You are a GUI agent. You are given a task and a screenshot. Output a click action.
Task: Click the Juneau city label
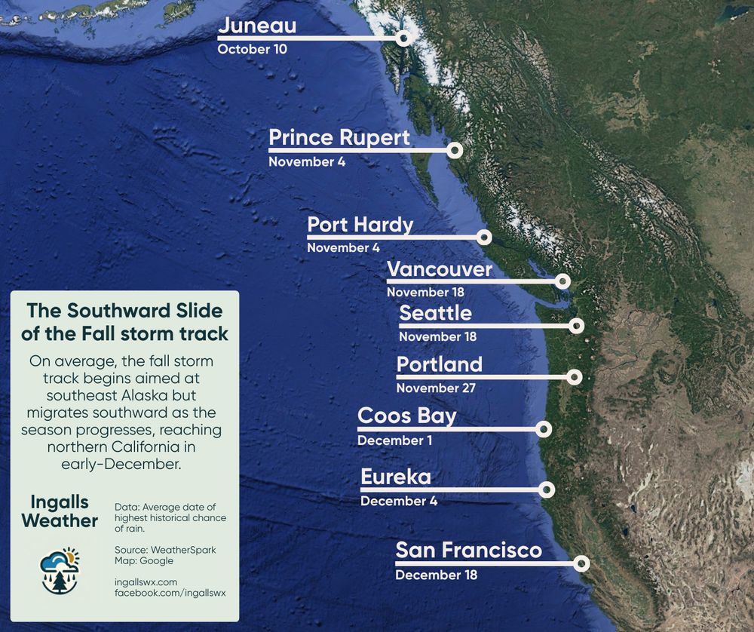pyautogui.click(x=256, y=27)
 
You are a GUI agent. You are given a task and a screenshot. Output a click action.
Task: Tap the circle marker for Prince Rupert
pyautogui.click(x=454, y=151)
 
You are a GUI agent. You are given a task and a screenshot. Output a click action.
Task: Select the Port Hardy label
pyautogui.click(x=360, y=225)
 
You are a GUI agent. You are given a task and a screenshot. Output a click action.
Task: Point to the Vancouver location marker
pyautogui.click(x=562, y=281)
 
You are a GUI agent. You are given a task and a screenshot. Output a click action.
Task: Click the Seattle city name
pyautogui.click(x=435, y=313)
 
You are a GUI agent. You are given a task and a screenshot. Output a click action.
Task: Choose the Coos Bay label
pyautogui.click(x=406, y=416)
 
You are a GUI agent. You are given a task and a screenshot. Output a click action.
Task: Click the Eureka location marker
pyautogui.click(x=547, y=489)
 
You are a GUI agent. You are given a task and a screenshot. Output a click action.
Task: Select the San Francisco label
pyautogui.click(x=468, y=551)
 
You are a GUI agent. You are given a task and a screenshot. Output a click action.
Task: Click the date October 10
pyautogui.click(x=253, y=50)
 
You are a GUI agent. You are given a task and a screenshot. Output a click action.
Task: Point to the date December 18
pyautogui.click(x=436, y=575)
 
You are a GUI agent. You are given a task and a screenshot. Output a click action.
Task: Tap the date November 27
pyautogui.click(x=436, y=388)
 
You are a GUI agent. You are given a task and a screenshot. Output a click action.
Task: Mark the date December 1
pyautogui.click(x=394, y=440)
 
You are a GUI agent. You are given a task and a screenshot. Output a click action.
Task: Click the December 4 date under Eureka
pyautogui.click(x=398, y=501)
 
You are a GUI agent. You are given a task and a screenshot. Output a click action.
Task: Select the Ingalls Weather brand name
pyautogui.click(x=60, y=511)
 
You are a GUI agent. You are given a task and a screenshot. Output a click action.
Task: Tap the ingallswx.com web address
pyautogui.click(x=146, y=582)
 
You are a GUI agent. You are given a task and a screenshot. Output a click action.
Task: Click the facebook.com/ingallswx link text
pyautogui.click(x=170, y=593)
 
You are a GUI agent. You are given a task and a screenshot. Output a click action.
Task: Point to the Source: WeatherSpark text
pyautogui.click(x=165, y=550)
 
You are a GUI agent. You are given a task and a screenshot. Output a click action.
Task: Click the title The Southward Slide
pyautogui.click(x=124, y=311)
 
